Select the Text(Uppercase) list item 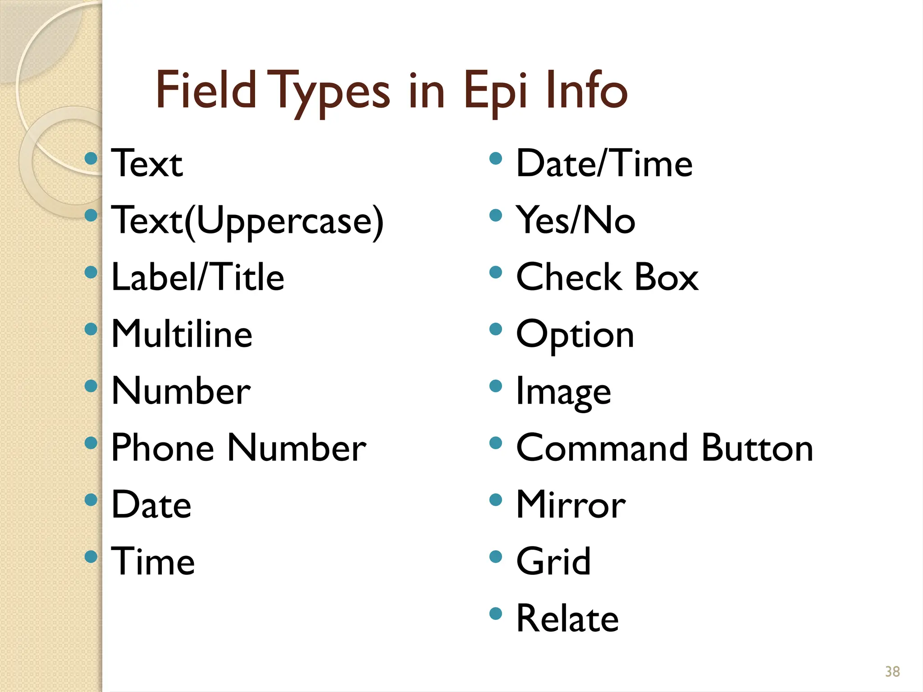pos(247,221)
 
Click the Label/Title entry pos(197,277)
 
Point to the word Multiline pos(182,334)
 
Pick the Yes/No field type pos(576,220)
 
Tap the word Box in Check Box pos(666,277)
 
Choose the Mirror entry pos(571,505)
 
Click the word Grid pos(553,561)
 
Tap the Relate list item pos(567,618)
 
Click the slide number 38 pos(892,671)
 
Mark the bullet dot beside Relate pos(495,613)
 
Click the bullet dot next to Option pos(495,329)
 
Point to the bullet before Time pos(91,556)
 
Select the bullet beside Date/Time pos(495,158)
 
